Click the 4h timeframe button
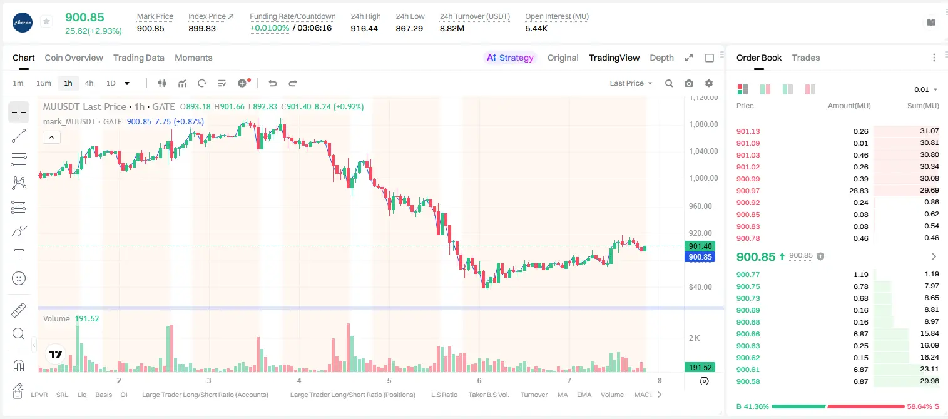pos(89,83)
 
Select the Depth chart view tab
pos(661,58)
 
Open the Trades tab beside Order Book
pos(806,58)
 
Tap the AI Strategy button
pos(510,58)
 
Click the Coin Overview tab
pos(74,58)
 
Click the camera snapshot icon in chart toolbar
pos(689,83)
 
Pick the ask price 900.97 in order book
pos(748,191)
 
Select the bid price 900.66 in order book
pos(748,334)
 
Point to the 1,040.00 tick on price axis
pos(703,151)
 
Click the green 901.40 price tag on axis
pos(700,246)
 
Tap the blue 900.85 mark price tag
pos(700,256)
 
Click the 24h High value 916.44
pos(364,28)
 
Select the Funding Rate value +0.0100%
pos(270,28)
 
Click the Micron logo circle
pos(23,23)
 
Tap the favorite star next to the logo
pos(46,21)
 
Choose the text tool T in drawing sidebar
pos(19,255)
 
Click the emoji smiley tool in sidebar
pos(19,278)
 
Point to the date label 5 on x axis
pos(389,380)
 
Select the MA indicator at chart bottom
pos(563,395)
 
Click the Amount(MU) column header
pos(849,106)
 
